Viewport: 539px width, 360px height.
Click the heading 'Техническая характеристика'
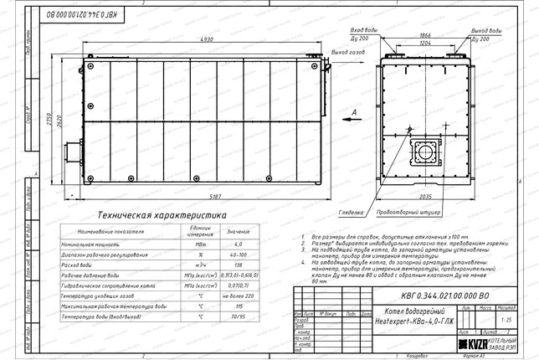[161, 215]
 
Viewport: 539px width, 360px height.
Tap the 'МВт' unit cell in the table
[200, 242]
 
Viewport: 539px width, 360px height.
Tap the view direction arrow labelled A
[356, 112]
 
